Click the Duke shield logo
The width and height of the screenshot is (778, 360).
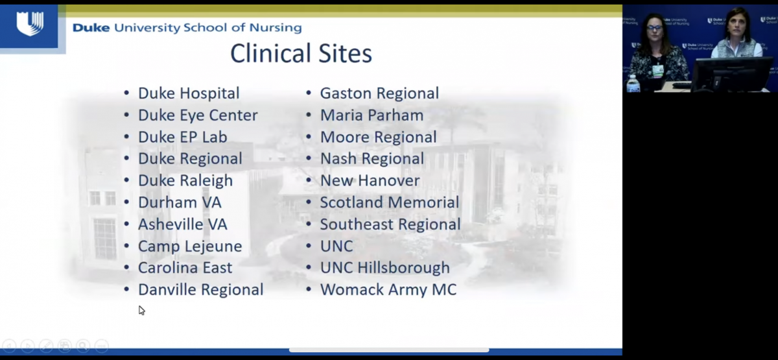tap(30, 23)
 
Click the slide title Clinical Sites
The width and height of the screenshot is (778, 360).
tap(301, 53)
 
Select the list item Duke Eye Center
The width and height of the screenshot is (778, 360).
tap(198, 115)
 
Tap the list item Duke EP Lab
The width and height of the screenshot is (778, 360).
tap(183, 137)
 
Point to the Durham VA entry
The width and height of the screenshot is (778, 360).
tap(180, 202)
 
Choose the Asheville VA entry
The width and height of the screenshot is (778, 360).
tap(183, 224)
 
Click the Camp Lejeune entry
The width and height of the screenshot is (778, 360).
tap(190, 246)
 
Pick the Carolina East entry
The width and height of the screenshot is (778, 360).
tap(185, 267)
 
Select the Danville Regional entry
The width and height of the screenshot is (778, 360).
tap(201, 290)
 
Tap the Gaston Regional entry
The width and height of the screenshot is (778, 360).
tap(379, 93)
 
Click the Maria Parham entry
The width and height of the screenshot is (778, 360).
tap(371, 115)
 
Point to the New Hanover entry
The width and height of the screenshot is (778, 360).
tap(370, 180)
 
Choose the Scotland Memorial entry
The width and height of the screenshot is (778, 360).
tap(390, 202)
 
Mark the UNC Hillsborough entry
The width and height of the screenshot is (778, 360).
tap(385, 268)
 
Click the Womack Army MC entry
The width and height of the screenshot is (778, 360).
tap(388, 290)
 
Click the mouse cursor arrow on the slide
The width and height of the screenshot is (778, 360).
tap(141, 310)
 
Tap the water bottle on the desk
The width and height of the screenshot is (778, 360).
tap(633, 84)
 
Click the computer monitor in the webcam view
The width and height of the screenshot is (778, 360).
tap(731, 74)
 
